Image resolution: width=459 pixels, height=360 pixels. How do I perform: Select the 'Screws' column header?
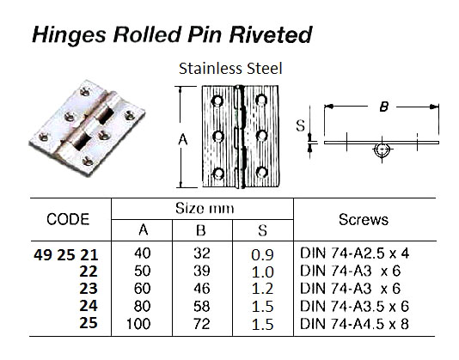(363, 220)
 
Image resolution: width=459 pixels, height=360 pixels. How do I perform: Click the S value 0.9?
(263, 250)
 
